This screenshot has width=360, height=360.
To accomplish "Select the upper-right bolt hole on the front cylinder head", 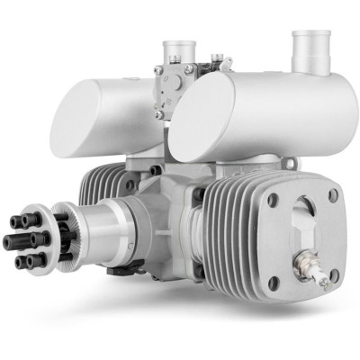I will click(x=333, y=194).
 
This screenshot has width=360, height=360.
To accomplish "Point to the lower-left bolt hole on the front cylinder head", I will click(x=273, y=282).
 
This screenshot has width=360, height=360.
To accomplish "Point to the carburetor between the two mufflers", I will click(x=180, y=85).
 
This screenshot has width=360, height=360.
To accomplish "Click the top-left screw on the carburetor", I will click(x=159, y=70).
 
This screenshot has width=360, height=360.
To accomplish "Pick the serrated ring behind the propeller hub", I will click(x=65, y=232).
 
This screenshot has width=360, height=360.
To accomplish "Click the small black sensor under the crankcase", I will click(x=121, y=267).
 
